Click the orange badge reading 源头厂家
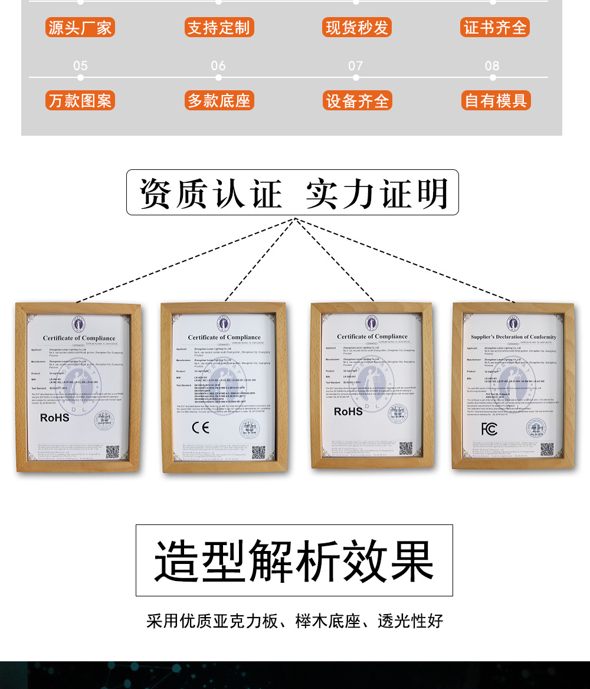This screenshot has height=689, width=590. [x=80, y=28]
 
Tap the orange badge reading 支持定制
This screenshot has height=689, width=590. [x=219, y=28]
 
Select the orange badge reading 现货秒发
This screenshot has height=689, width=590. [x=357, y=28]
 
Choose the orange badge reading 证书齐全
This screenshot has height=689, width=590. [x=495, y=28]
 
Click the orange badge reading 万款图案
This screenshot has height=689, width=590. [x=80, y=101]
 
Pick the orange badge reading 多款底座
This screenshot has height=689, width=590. [x=219, y=101]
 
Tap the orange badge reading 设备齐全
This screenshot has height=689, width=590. [x=357, y=101]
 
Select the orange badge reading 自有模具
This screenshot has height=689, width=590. [x=496, y=101]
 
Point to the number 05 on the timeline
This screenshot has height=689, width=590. [x=80, y=65]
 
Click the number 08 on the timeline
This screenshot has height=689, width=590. [x=492, y=65]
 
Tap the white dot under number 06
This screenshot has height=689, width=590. [x=218, y=77]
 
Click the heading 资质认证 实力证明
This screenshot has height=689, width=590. [x=293, y=193]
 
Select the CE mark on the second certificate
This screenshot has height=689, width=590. [x=201, y=428]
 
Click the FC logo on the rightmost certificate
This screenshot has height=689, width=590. [x=489, y=429]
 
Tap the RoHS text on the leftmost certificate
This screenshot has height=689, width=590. [x=55, y=418]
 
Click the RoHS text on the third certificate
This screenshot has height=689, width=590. [x=348, y=412]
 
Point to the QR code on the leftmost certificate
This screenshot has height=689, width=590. [x=112, y=452]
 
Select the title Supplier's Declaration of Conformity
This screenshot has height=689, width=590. [x=513, y=337]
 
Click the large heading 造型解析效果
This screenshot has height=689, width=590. [x=294, y=560]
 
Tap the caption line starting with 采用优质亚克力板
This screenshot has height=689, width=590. [x=294, y=621]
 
